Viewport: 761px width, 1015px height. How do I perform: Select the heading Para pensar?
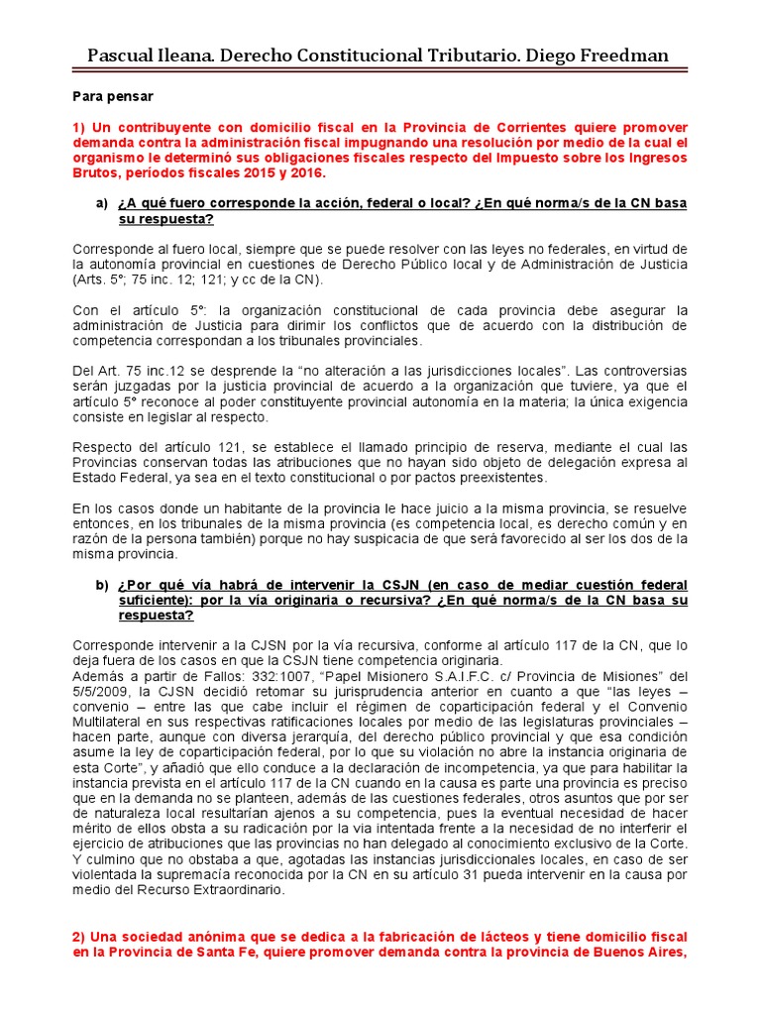click(112, 96)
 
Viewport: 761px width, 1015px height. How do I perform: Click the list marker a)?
click(102, 203)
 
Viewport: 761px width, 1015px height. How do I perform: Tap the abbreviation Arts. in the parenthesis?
click(92, 281)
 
